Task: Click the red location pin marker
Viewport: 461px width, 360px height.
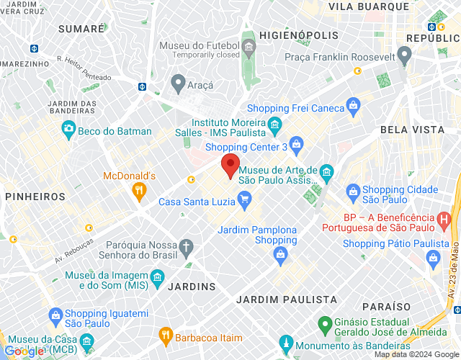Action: coord(230,166)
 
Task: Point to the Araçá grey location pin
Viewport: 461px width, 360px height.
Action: coord(177,81)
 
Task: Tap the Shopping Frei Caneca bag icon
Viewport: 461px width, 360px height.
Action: coord(353,107)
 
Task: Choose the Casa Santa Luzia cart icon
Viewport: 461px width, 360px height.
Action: coord(245,200)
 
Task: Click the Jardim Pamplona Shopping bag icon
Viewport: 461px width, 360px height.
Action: coord(280,253)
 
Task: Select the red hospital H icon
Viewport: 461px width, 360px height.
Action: coord(446,218)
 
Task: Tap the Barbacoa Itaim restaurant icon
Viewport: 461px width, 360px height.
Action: coord(166,335)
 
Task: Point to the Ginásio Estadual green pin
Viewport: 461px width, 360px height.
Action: coord(325,325)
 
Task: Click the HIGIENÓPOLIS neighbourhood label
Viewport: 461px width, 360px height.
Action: coord(298,35)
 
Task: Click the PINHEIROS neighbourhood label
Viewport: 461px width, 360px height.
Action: coord(35,196)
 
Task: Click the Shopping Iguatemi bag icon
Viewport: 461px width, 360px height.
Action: coord(55,315)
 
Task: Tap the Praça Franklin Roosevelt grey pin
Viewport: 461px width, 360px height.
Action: coord(404,55)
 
